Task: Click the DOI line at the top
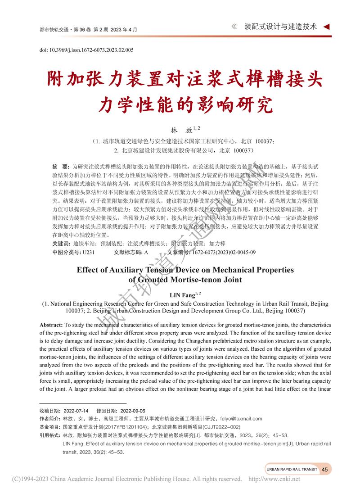pyautogui.click(x=87, y=50)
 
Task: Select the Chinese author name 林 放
pyautogui.click(x=180, y=130)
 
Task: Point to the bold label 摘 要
pyautogui.click(x=60, y=166)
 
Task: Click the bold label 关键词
pyautogui.click(x=61, y=244)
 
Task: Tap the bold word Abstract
pyautogui.click(x=51, y=325)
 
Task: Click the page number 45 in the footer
pyautogui.click(x=324, y=469)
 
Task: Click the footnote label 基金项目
pyautogui.click(x=50, y=427)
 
